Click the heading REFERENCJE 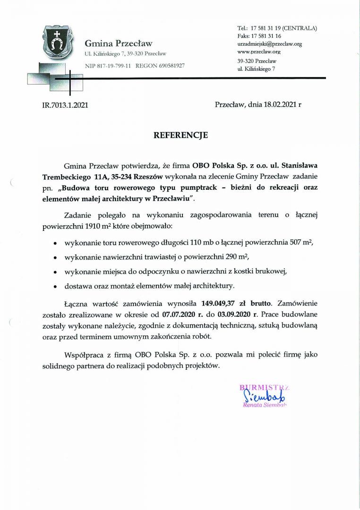coord(180,135)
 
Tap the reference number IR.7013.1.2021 coord(65,105)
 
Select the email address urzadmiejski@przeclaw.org coord(269,44)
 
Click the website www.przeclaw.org coord(259,51)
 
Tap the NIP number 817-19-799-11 coord(114,65)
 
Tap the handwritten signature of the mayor coord(257,396)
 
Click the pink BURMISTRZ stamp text coord(264,388)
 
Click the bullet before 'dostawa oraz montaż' coord(55,286)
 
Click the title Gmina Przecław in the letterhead coord(119,43)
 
